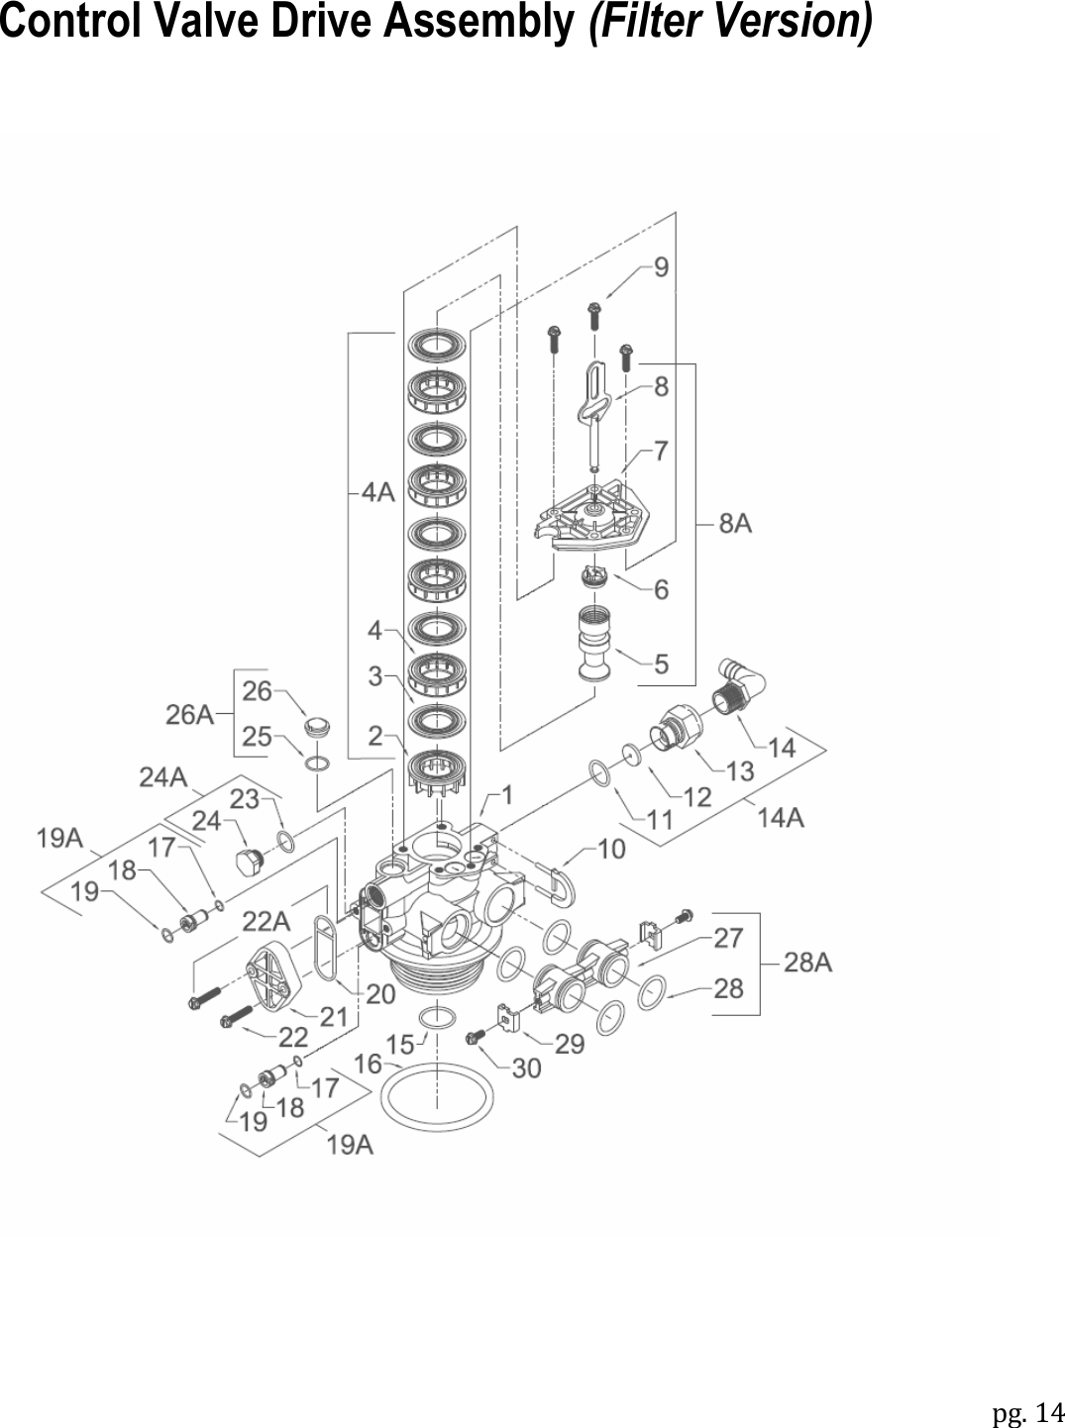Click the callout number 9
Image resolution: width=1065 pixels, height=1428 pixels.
click(x=661, y=267)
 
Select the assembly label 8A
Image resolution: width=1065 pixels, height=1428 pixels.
click(x=735, y=523)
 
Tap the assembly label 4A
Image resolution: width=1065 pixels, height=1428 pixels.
click(x=377, y=492)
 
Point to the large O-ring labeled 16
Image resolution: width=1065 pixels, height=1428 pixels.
click(x=437, y=1095)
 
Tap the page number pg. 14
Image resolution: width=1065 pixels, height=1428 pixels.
click(x=1027, y=1410)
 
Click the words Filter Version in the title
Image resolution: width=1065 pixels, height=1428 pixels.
click(x=731, y=22)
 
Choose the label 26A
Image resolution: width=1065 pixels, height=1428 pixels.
click(x=188, y=714)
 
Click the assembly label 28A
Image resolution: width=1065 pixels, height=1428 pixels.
click(x=807, y=962)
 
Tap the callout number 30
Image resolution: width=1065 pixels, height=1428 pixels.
click(x=526, y=1069)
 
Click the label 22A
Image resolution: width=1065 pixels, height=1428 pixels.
click(x=266, y=921)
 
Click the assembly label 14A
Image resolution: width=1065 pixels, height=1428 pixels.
click(x=780, y=817)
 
